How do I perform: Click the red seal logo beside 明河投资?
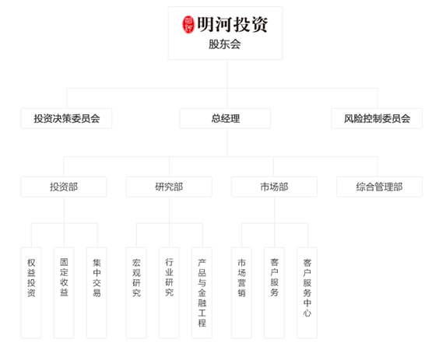(x=188, y=25)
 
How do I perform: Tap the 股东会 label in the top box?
(x=224, y=44)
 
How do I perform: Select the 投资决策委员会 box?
(x=66, y=118)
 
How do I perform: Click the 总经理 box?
(x=225, y=118)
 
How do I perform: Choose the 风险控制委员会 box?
(x=377, y=118)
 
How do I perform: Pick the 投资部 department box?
(x=64, y=187)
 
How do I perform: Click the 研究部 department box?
(x=169, y=187)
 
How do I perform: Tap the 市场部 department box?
(x=275, y=187)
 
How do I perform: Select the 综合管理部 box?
(x=379, y=187)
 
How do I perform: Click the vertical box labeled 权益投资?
(x=31, y=292)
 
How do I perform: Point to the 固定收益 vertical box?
(x=64, y=292)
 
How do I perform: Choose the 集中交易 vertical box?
(x=97, y=292)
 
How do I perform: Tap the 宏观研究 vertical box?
(x=136, y=292)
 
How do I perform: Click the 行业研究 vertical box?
(x=169, y=292)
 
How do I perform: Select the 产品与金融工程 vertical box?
(x=202, y=292)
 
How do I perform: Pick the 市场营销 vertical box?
(x=241, y=292)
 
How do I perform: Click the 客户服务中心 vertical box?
(x=307, y=292)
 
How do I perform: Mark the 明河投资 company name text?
(x=232, y=25)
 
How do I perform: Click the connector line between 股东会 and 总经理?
(x=227, y=84)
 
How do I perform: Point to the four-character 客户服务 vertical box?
(x=275, y=292)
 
